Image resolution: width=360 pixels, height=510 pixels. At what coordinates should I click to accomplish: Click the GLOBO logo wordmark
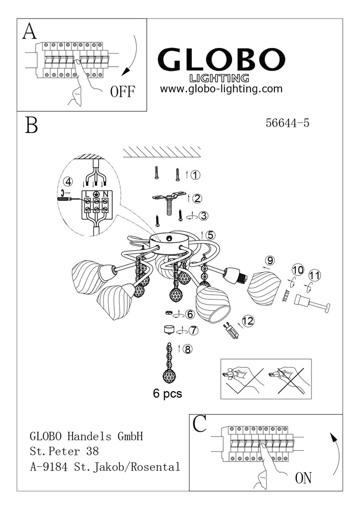[x=221, y=61]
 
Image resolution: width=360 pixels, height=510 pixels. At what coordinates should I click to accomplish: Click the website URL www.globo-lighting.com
[x=221, y=89]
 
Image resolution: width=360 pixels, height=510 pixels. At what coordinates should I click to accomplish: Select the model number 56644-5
[x=288, y=122]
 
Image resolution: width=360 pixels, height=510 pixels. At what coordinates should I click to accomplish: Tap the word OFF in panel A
[x=122, y=92]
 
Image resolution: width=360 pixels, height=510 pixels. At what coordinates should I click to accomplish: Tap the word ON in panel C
[x=303, y=478]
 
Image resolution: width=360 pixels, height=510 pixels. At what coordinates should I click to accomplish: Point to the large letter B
[x=32, y=125]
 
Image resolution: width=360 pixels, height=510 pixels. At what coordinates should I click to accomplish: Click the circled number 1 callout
[x=195, y=175]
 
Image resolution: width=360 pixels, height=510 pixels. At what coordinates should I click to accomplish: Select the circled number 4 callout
[x=68, y=181]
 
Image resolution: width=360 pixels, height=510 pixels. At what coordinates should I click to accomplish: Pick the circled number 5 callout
[x=211, y=235]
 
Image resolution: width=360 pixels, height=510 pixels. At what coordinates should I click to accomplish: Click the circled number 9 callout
[x=270, y=260]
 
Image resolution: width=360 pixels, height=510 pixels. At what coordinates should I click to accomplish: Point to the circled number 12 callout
[x=248, y=321]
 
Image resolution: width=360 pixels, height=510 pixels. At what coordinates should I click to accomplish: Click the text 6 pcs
[x=167, y=393]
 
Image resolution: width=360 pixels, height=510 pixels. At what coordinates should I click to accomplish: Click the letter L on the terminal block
[x=87, y=194]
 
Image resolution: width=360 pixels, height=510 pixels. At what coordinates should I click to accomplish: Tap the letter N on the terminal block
[x=105, y=194]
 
